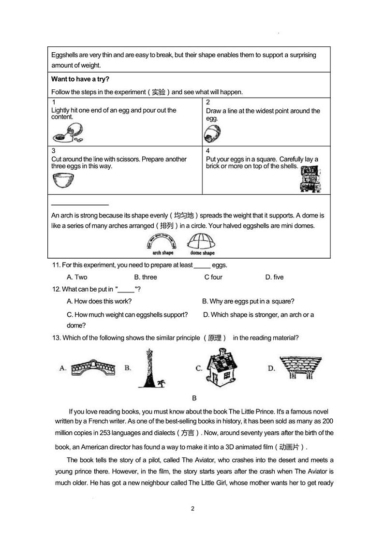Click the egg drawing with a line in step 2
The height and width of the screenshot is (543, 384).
[x=212, y=133]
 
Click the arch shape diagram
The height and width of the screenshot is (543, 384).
[x=163, y=242]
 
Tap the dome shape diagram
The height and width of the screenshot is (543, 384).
[x=202, y=242]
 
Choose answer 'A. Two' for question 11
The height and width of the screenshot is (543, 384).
[x=77, y=277]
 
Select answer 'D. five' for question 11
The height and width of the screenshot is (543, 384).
[x=274, y=277]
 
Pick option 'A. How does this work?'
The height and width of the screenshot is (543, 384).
[x=99, y=301]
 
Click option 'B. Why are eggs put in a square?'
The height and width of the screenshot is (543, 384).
[x=248, y=301]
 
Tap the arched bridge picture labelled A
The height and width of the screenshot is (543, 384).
[x=91, y=368]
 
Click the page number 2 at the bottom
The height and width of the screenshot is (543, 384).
[x=192, y=509]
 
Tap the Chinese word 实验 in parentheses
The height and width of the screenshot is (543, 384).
[x=158, y=92]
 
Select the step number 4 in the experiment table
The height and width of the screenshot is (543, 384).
[x=208, y=151]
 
